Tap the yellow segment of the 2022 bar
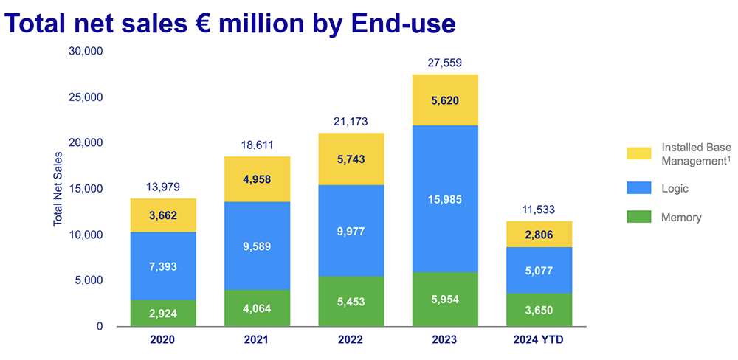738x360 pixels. pos(351,159)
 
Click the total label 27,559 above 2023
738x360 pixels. pos(445,63)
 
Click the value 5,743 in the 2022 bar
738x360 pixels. pos(351,159)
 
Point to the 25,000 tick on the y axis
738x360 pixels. pos(86,97)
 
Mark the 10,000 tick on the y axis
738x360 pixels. pos(86,235)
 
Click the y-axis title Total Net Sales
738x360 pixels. pos(58,189)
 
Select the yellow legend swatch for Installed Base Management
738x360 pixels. pos(639,153)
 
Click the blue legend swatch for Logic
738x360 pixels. pos(639,189)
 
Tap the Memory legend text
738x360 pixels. pos(681,218)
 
